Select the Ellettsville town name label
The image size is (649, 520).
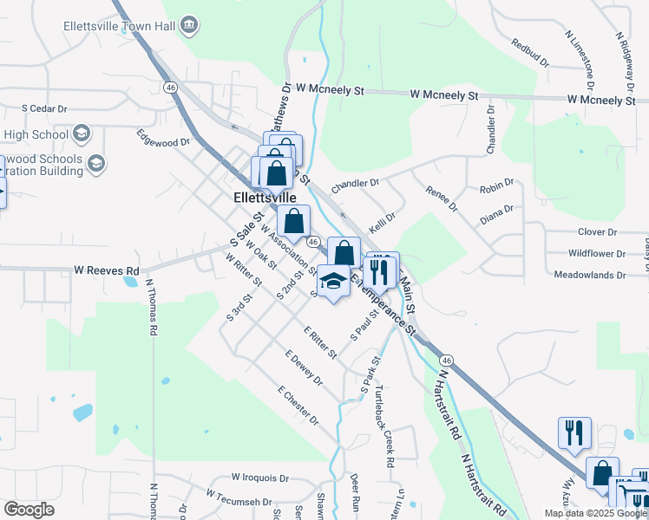click(x=271, y=198)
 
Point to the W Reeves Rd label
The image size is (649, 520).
click(x=107, y=270)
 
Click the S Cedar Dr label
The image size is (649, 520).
click(x=45, y=109)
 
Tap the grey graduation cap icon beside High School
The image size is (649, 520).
click(x=82, y=133)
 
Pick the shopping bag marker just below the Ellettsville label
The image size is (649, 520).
click(x=294, y=223)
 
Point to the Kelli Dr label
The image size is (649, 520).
click(x=383, y=222)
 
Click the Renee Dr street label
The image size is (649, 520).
click(x=440, y=198)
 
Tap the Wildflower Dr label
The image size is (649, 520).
click(x=597, y=254)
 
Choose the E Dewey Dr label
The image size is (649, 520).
click(x=304, y=367)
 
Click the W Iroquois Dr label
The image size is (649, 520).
click(x=259, y=478)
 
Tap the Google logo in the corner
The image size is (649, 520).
click(x=29, y=510)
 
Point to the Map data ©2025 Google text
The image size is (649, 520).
click(x=595, y=514)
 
